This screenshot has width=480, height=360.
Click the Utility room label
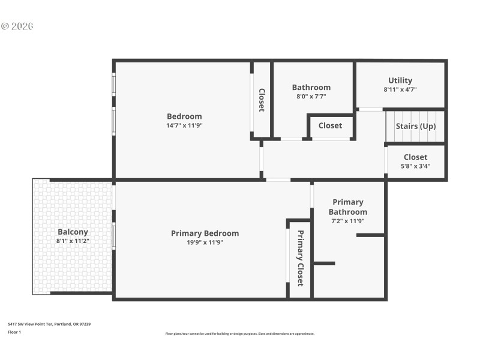point(400,80)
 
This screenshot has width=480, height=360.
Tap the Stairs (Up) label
point(415,126)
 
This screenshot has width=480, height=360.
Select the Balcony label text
point(73,232)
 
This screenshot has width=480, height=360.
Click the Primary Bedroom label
point(205,233)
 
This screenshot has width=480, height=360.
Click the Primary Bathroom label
point(347,207)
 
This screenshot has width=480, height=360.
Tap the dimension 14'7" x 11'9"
point(184,125)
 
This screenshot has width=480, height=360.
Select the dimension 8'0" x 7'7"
point(311,96)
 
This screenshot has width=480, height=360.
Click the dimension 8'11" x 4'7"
point(400,89)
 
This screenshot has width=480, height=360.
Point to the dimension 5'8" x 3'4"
point(415,166)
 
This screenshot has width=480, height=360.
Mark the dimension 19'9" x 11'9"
point(205,242)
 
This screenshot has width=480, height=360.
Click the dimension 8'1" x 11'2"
point(73,241)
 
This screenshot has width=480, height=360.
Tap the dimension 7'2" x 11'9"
point(347,221)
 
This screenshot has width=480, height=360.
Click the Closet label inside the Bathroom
point(330,125)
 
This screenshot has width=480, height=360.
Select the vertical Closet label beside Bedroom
point(262,100)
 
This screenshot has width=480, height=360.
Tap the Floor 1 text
point(14,332)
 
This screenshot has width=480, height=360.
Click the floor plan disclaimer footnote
point(239,334)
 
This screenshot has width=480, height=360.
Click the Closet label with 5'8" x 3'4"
point(415,157)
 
